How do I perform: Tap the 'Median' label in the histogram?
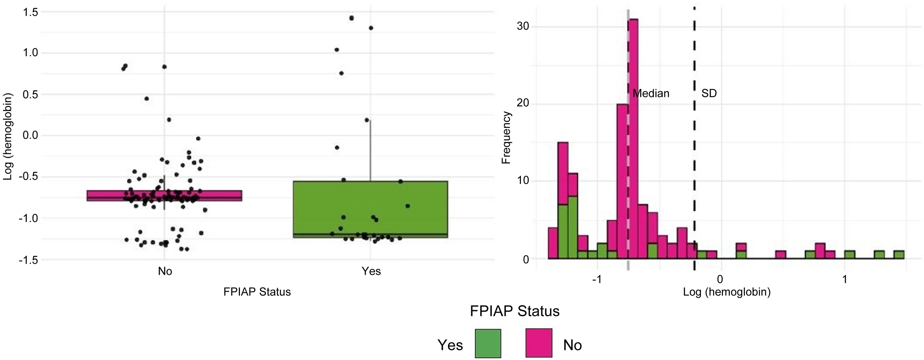[651, 94]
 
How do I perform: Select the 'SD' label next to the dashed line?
[709, 94]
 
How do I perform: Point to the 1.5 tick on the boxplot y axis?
[30, 12]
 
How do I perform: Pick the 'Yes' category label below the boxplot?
[371, 271]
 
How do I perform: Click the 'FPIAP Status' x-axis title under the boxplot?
[257, 292]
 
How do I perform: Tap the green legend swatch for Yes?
[487, 343]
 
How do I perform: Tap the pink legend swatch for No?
[539, 343]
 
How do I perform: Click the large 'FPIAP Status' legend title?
[514, 311]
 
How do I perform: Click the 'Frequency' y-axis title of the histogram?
[506, 138]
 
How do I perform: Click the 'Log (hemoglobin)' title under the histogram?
[726, 292]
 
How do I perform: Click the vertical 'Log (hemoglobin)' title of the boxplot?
[8, 136]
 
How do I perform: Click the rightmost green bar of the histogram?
[899, 255]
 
